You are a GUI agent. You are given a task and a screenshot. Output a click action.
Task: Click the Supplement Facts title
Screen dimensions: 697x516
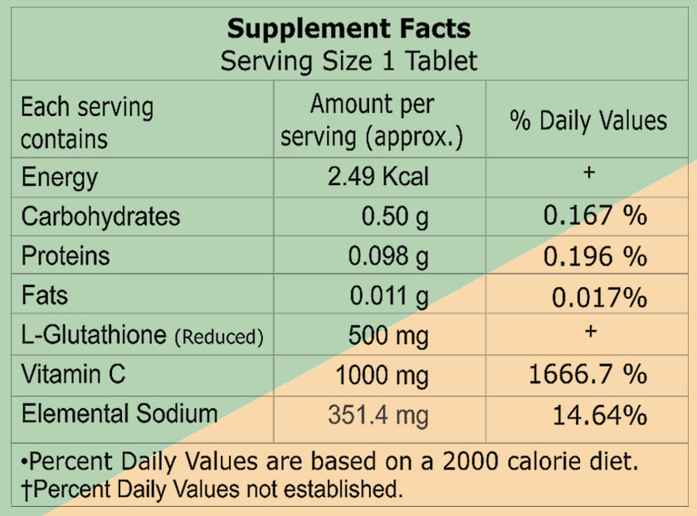(349, 28)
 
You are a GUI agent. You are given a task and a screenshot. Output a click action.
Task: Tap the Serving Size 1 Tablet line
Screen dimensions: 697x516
(349, 61)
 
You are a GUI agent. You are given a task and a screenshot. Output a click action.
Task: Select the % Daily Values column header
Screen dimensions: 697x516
(588, 120)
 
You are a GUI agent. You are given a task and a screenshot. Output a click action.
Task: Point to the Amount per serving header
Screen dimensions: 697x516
(372, 120)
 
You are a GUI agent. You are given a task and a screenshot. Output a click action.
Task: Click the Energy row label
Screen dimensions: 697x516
(60, 178)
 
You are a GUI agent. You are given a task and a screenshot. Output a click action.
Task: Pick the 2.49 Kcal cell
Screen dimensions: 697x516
(378, 177)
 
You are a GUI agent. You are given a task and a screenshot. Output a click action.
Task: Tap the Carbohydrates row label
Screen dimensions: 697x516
(101, 217)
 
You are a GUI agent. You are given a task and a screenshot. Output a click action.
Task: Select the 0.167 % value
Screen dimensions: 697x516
(595, 215)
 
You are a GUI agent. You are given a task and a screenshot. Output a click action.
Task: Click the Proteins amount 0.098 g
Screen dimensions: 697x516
(388, 256)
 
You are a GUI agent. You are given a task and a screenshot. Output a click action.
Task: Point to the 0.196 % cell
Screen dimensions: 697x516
(595, 256)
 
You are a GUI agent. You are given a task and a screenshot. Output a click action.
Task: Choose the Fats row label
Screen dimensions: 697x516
(45, 295)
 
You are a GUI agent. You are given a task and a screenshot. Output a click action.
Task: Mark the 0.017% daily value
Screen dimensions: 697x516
(599, 297)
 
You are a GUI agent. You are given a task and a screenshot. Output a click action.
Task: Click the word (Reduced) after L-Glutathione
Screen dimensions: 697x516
(219, 337)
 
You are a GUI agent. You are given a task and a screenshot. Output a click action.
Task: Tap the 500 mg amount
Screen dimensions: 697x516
(388, 335)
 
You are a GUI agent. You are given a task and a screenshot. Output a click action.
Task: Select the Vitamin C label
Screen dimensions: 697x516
(73, 374)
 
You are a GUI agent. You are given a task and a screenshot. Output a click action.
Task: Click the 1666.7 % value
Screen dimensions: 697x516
(587, 374)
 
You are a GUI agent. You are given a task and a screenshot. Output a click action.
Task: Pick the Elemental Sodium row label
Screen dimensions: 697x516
(119, 413)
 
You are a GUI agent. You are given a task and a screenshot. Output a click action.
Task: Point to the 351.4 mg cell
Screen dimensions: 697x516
(378, 416)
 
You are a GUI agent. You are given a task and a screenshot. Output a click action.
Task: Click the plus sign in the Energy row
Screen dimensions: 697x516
(589, 172)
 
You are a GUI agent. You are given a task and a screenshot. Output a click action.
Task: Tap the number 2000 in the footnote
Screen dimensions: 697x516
(470, 461)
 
